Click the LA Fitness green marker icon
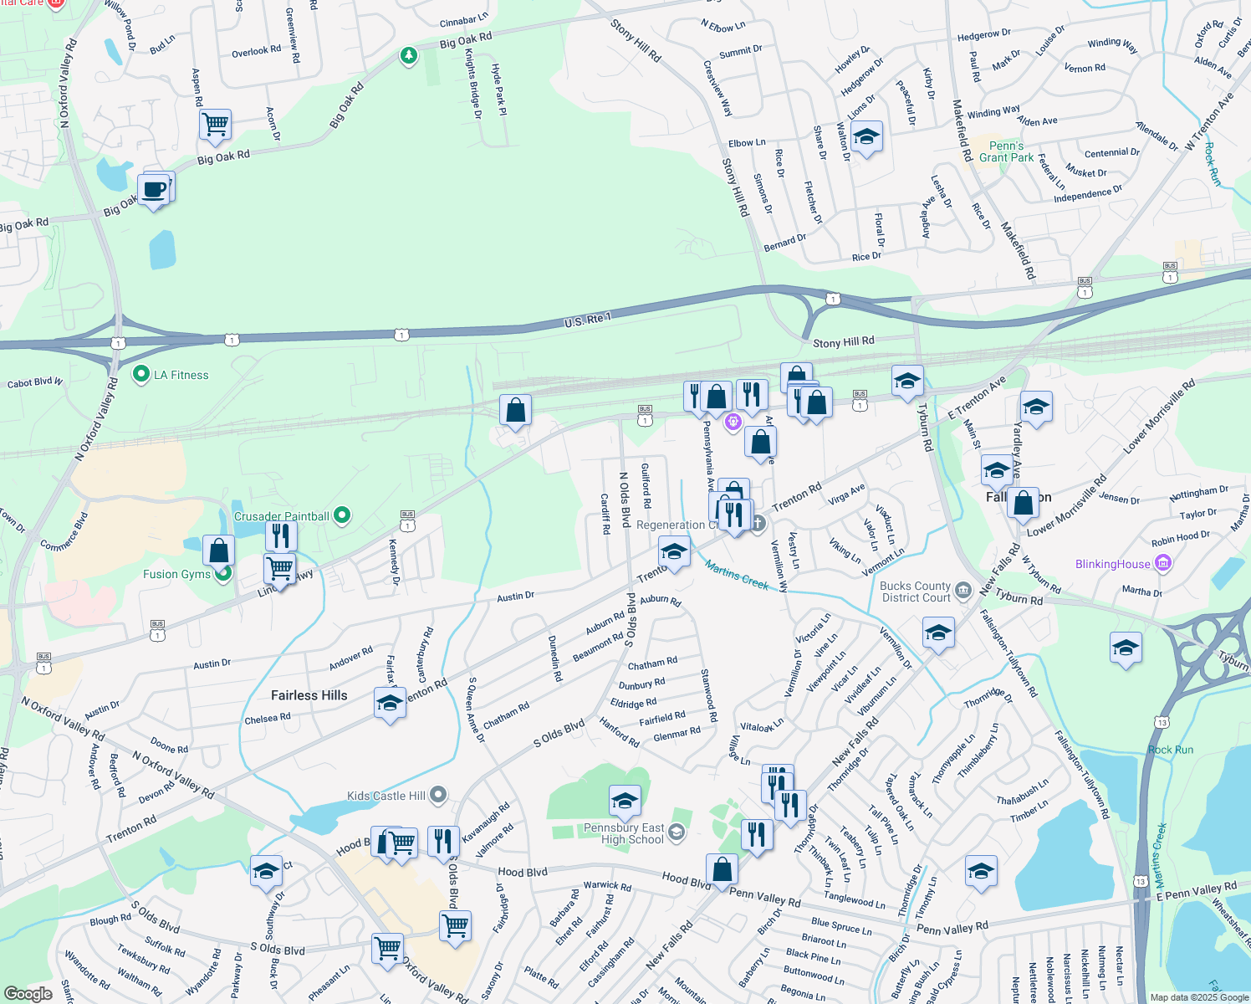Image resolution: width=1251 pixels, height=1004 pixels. click(140, 374)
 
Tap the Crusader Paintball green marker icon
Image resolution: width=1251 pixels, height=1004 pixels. click(342, 515)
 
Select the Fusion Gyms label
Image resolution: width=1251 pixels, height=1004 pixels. click(176, 574)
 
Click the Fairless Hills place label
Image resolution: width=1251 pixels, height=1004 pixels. click(309, 695)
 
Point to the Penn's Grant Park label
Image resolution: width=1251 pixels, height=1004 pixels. click(1006, 151)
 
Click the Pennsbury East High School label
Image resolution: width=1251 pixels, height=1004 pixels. click(624, 833)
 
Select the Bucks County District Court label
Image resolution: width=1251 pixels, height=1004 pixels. click(916, 592)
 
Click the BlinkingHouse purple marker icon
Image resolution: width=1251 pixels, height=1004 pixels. click(1163, 564)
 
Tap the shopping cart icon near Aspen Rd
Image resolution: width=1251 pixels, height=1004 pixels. click(216, 125)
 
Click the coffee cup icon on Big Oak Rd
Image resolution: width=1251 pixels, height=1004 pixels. click(154, 189)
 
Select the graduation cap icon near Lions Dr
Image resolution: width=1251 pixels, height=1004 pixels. click(866, 136)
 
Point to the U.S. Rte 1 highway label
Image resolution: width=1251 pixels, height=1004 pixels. click(587, 320)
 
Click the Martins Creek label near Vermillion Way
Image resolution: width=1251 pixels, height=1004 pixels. click(736, 575)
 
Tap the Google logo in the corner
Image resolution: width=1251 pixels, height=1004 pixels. click(28, 993)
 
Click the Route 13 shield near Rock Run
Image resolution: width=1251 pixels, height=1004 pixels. click(1162, 722)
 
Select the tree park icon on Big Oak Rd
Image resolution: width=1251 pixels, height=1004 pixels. click(408, 56)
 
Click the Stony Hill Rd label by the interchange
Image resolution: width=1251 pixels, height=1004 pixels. click(843, 341)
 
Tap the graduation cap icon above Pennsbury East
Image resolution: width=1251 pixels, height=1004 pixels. click(625, 802)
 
